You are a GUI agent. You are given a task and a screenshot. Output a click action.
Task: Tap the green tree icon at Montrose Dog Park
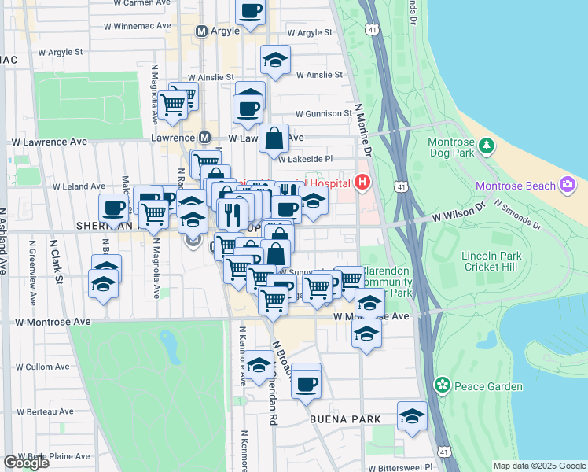(487, 146)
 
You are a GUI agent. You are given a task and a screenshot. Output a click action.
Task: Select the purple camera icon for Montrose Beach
(567, 186)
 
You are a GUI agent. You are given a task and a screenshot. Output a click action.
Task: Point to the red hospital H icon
(362, 183)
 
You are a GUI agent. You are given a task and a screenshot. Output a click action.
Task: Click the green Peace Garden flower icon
(443, 385)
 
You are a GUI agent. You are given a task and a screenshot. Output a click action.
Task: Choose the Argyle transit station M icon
(200, 32)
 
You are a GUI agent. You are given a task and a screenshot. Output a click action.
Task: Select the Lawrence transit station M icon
(204, 138)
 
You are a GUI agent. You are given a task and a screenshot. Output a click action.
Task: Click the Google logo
(26, 463)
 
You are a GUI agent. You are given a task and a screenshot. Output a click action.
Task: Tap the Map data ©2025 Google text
(539, 466)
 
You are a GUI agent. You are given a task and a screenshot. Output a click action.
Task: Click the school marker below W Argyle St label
(275, 61)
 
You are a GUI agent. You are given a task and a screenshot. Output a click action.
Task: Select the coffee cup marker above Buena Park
(307, 383)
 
